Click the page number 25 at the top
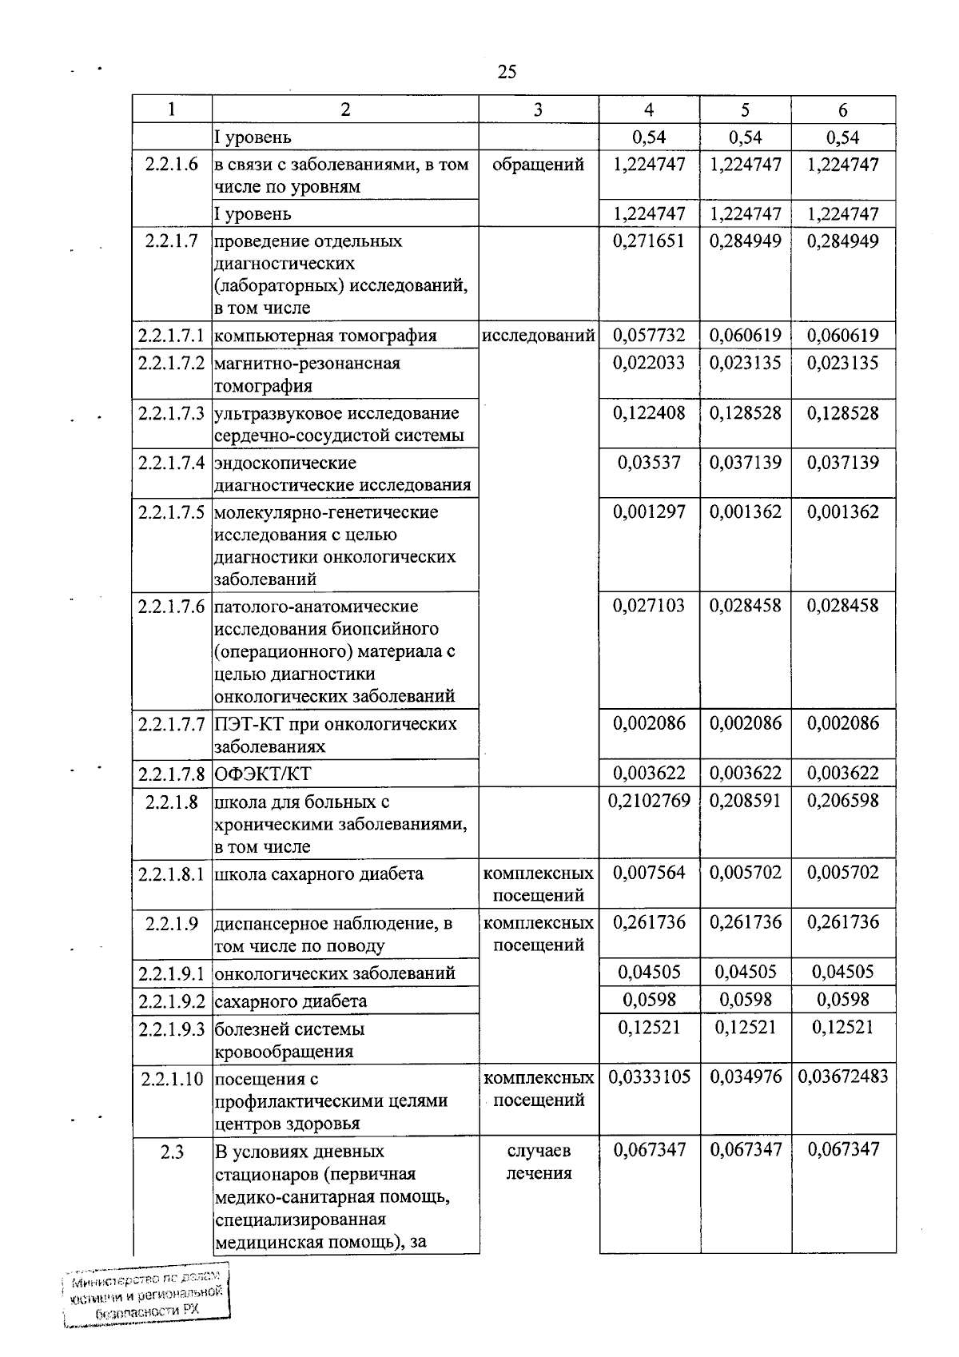pos(507,72)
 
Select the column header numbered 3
pos(538,109)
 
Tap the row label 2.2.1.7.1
pos(172,336)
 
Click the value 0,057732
pos(649,336)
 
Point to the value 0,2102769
pos(649,801)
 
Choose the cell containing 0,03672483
pos(843,1077)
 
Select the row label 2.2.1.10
pos(172,1079)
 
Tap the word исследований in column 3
pos(539,336)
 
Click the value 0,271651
pos(649,241)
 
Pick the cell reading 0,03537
pos(649,463)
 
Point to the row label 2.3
pos(172,1152)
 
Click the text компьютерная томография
pos(326,336)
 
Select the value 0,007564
pos(649,873)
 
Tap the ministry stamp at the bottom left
pos(145,1297)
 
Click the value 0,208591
pos(746,801)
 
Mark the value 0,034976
pos(746,1077)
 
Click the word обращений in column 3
pos(539,165)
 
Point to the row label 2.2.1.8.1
pos(172,873)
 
